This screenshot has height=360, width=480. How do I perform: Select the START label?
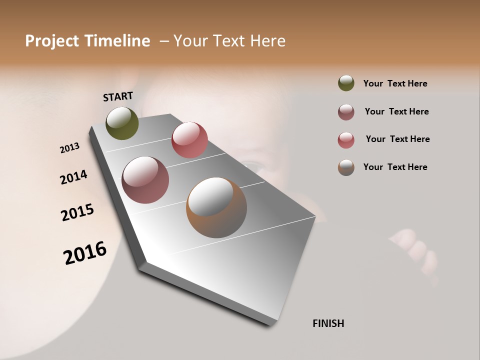pyautogui.click(x=118, y=96)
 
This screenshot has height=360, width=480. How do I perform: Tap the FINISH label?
pyautogui.click(x=328, y=323)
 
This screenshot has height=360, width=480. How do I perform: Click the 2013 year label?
pyautogui.click(x=69, y=148)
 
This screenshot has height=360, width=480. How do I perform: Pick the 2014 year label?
pyautogui.click(x=73, y=177)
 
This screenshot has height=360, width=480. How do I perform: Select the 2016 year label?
pyautogui.click(x=85, y=253)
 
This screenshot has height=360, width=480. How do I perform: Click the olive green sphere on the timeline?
pyautogui.click(x=122, y=123)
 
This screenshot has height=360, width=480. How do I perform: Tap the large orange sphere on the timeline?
pyautogui.click(x=216, y=207)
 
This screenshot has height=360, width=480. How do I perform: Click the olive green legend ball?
pyautogui.click(x=346, y=83)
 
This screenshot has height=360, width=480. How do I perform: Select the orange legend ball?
pyautogui.click(x=346, y=167)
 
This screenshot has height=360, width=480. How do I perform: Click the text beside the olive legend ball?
pyautogui.click(x=395, y=83)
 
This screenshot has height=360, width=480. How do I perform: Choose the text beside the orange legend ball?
pyautogui.click(x=395, y=167)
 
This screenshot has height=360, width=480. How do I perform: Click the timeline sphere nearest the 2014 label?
pyautogui.click(x=145, y=180)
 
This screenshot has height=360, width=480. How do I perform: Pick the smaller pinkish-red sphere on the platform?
pyautogui.click(x=189, y=140)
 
